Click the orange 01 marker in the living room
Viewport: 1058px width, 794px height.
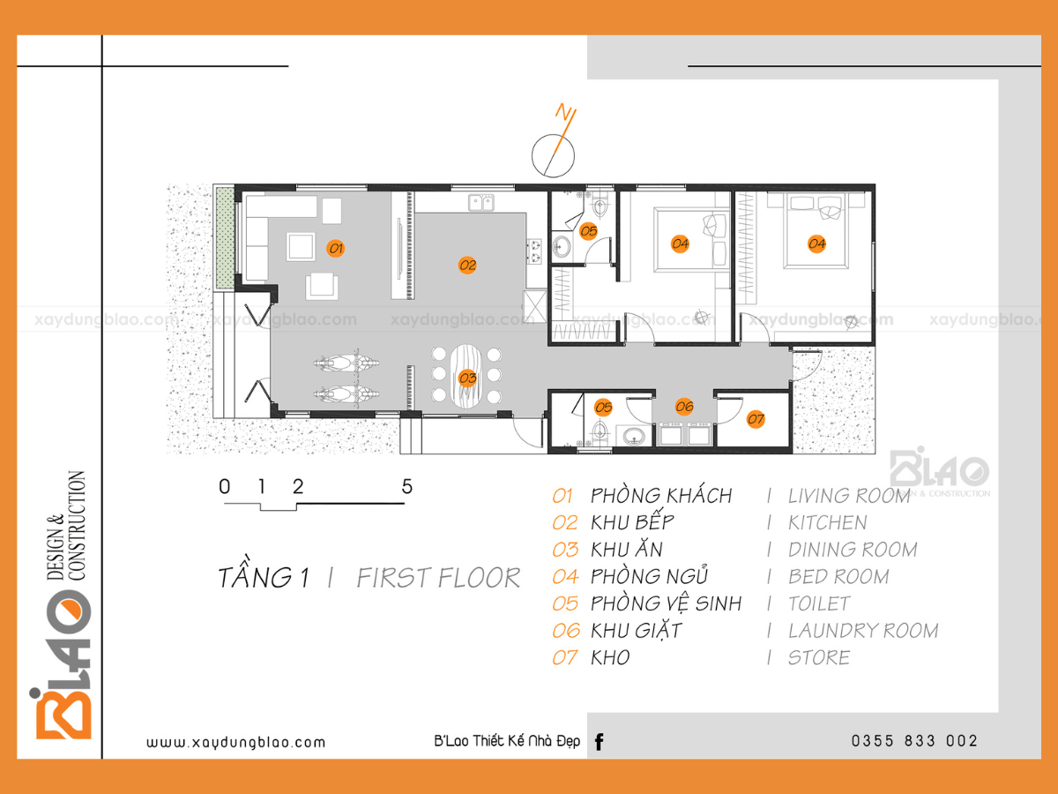pyautogui.click(x=336, y=248)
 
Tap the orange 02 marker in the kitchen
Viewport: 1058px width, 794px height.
pyautogui.click(x=467, y=265)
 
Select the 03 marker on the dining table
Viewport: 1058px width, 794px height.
pyautogui.click(x=467, y=378)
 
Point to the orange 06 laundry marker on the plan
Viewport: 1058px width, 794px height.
pyautogui.click(x=684, y=407)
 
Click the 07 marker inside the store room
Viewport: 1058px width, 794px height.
pyautogui.click(x=756, y=419)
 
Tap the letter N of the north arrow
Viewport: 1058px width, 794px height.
pyautogui.click(x=564, y=112)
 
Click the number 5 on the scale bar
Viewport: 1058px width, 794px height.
pyautogui.click(x=406, y=487)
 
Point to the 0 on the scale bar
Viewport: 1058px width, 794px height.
pyautogui.click(x=224, y=487)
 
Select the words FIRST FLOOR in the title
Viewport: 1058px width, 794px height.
pyautogui.click(x=438, y=578)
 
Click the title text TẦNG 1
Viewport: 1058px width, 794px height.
pyautogui.click(x=264, y=573)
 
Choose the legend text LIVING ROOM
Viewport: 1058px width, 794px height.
pyautogui.click(x=849, y=496)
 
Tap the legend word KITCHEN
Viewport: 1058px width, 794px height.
pyautogui.click(x=828, y=523)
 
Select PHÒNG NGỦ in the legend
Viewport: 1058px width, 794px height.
pyautogui.click(x=649, y=575)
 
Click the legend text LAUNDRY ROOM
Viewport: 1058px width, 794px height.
pyautogui.click(x=863, y=631)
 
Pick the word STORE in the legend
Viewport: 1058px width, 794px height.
pyautogui.click(x=819, y=657)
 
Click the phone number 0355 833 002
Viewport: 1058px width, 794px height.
pyautogui.click(x=914, y=741)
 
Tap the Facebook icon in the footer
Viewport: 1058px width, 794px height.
pyautogui.click(x=600, y=742)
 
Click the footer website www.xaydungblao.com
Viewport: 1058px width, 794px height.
pyautogui.click(x=235, y=743)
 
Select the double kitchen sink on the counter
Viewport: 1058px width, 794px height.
pyautogui.click(x=481, y=203)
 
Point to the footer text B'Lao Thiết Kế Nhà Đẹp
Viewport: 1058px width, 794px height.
pyautogui.click(x=507, y=741)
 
